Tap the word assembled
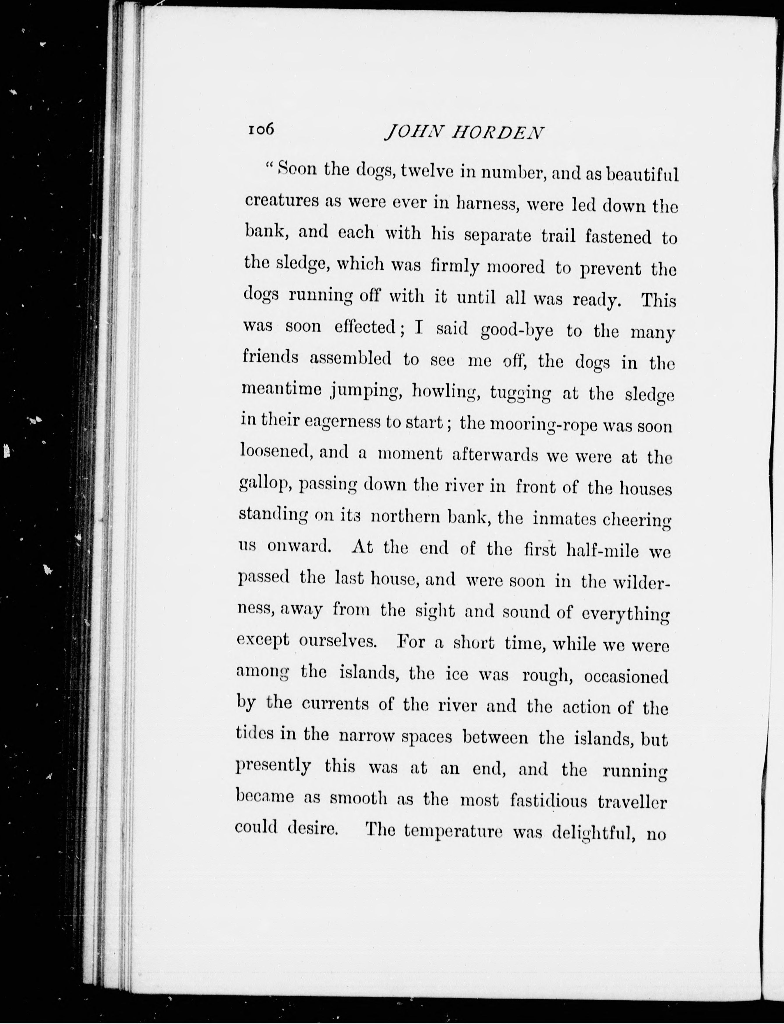pyautogui.click(x=350, y=358)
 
